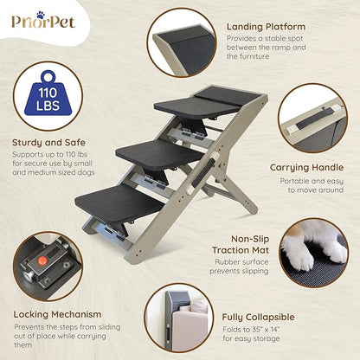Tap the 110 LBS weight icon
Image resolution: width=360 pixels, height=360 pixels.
click(x=48, y=94)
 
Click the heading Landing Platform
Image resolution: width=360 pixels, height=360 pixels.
click(x=265, y=27)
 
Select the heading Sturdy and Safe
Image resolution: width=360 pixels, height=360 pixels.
click(x=48, y=143)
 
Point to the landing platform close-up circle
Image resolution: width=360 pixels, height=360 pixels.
click(x=182, y=42)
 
